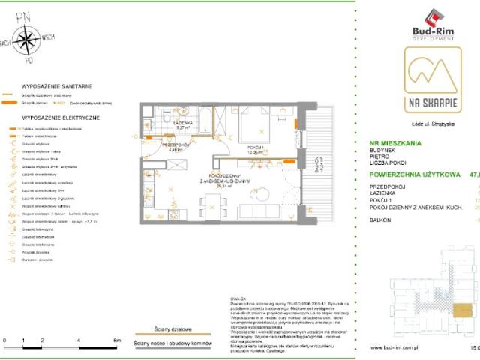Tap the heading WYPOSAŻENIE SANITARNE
point(52,87)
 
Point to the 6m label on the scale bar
point(116,340)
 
